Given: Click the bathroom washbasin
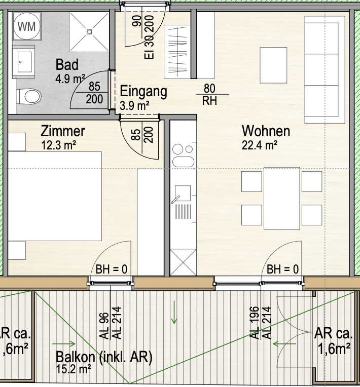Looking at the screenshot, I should (24, 61).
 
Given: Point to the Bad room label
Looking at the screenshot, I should (67, 65).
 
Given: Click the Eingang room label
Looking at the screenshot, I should (143, 92).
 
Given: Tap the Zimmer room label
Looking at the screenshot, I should (63, 132).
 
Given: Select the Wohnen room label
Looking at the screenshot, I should (266, 131).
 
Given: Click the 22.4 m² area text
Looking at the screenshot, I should (260, 146).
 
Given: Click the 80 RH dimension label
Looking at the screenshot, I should (209, 94).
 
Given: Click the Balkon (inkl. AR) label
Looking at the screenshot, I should (104, 357).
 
